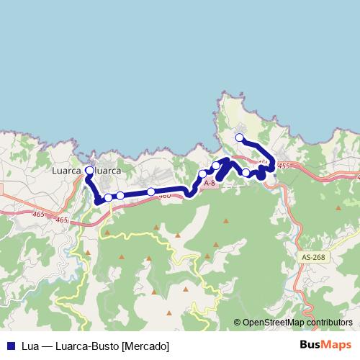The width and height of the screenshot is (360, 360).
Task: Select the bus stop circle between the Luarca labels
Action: [89, 171]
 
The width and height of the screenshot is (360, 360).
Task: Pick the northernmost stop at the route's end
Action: [240, 138]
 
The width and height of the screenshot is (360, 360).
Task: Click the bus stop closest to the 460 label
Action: [150, 192]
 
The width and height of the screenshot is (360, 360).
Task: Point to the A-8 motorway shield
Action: [210, 184]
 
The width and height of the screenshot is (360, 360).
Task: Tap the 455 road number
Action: [282, 166]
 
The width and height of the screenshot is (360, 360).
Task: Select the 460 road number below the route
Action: [164, 195]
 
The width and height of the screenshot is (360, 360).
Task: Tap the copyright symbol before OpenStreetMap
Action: [238, 323]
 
